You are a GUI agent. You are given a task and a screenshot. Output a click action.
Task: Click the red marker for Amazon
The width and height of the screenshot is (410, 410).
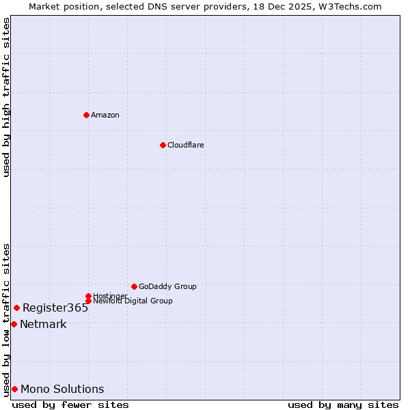click(86, 115)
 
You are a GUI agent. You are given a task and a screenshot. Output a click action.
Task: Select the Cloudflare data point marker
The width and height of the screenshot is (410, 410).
click(163, 145)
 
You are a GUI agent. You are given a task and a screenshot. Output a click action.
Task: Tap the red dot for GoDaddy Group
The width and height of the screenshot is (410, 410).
click(134, 286)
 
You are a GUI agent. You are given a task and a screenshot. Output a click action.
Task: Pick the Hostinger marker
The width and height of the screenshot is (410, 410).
click(88, 296)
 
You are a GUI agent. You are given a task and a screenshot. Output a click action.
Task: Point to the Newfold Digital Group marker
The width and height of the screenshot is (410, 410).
click(88, 301)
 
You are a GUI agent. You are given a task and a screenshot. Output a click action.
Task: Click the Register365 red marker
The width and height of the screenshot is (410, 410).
click(16, 307)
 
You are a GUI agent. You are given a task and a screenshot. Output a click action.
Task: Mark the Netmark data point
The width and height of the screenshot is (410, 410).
click(14, 324)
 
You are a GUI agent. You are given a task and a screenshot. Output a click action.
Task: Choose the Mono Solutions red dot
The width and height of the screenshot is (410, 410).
click(14, 389)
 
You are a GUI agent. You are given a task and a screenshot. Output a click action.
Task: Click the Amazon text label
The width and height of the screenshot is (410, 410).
click(105, 115)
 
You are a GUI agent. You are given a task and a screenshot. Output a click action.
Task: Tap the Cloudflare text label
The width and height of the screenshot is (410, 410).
click(185, 145)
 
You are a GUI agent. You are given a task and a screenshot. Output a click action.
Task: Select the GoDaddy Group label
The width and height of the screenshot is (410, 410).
click(167, 286)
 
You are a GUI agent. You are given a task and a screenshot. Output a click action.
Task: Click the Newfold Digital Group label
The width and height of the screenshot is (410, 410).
click(133, 301)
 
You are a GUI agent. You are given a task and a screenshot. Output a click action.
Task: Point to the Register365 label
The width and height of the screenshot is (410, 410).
click(55, 307)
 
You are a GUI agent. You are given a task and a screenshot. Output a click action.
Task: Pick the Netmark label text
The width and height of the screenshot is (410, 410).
click(43, 324)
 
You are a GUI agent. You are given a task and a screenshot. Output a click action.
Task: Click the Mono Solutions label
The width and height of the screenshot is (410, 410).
click(62, 389)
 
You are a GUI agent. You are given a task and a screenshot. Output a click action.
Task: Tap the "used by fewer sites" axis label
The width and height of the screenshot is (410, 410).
click(70, 405)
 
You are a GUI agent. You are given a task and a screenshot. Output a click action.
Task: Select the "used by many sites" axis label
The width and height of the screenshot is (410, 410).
click(343, 405)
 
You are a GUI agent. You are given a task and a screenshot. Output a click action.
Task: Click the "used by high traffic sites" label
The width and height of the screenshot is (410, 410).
click(6, 97)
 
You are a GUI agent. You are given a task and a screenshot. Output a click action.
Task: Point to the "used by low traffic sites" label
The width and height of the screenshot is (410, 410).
click(6, 319)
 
